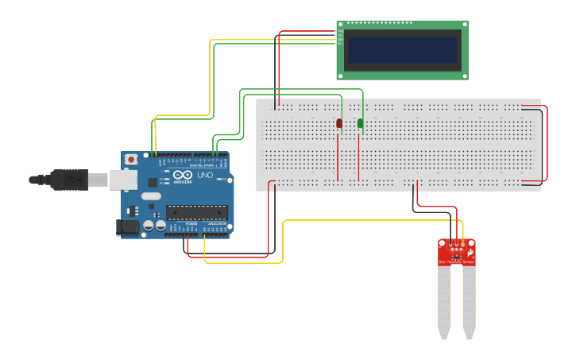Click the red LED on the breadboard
(x=339, y=123)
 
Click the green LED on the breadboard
(x=360, y=123)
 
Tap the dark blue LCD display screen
(x=404, y=50)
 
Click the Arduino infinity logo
(x=182, y=175)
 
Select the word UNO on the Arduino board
(x=204, y=175)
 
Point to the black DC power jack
(x=128, y=227)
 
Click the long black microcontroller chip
(x=196, y=212)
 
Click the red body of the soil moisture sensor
(x=456, y=252)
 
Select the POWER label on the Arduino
(x=191, y=224)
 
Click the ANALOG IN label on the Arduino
(x=215, y=224)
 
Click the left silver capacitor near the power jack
(x=148, y=226)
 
